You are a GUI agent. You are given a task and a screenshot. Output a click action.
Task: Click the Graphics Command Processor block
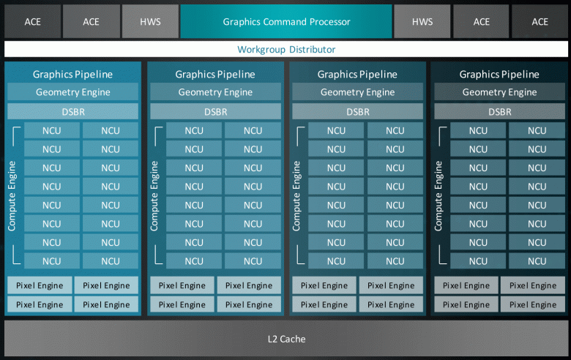(x=286, y=22)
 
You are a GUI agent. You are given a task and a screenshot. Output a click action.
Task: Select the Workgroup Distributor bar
(x=286, y=50)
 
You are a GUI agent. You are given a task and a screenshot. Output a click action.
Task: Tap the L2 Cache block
(x=286, y=339)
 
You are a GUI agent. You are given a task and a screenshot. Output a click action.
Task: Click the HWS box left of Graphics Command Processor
(x=149, y=22)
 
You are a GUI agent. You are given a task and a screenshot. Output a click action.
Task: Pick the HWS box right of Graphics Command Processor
(x=422, y=22)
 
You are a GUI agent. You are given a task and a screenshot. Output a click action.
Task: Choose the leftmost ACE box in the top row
(x=32, y=22)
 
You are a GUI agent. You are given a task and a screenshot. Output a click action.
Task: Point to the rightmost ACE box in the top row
(x=540, y=22)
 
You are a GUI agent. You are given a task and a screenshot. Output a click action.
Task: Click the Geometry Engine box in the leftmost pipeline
(x=73, y=92)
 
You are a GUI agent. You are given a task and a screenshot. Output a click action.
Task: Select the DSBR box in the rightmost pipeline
(x=500, y=112)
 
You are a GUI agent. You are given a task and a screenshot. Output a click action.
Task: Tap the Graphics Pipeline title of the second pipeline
(x=215, y=74)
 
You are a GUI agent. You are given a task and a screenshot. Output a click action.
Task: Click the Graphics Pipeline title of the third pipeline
(x=357, y=74)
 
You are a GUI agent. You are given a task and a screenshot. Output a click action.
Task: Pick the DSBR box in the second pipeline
(x=215, y=112)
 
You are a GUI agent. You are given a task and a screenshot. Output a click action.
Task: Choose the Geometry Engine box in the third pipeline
(x=357, y=92)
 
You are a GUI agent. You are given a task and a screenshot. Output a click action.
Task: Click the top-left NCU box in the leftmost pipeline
(x=51, y=131)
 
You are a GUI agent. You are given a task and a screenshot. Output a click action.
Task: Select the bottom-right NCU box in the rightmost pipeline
(x=537, y=261)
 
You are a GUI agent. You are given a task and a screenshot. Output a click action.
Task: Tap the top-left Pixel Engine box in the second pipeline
(x=182, y=285)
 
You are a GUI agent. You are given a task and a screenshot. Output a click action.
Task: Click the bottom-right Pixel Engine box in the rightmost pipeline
(x=533, y=304)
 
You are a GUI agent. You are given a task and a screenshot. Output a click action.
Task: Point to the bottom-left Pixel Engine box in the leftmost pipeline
(x=40, y=304)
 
